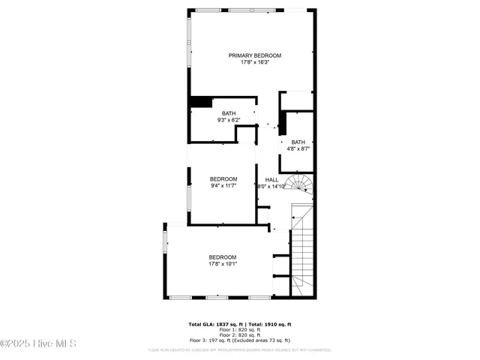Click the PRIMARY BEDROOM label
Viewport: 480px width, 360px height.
pos(255,55)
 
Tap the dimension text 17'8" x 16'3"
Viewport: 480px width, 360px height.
pos(255,62)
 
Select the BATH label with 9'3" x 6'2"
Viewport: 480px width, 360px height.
pos(228,113)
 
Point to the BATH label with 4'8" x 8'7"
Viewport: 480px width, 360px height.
pos(298,142)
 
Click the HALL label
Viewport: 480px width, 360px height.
pos(271,180)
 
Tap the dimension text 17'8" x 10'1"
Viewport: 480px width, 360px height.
pos(223,263)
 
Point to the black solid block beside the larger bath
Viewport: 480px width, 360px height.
pos(199,103)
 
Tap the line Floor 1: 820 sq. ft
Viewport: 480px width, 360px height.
pos(239,329)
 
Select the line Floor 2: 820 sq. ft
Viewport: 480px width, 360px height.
pos(239,334)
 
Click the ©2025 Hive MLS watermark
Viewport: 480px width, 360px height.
pos(38,344)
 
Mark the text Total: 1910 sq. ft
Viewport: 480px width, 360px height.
pos(269,324)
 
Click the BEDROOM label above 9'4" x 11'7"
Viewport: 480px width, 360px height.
pos(223,178)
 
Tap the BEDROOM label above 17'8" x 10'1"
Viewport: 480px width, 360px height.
pos(223,256)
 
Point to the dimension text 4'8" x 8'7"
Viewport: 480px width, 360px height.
pos(298,148)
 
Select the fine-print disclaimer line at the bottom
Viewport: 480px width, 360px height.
pos(239,349)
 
